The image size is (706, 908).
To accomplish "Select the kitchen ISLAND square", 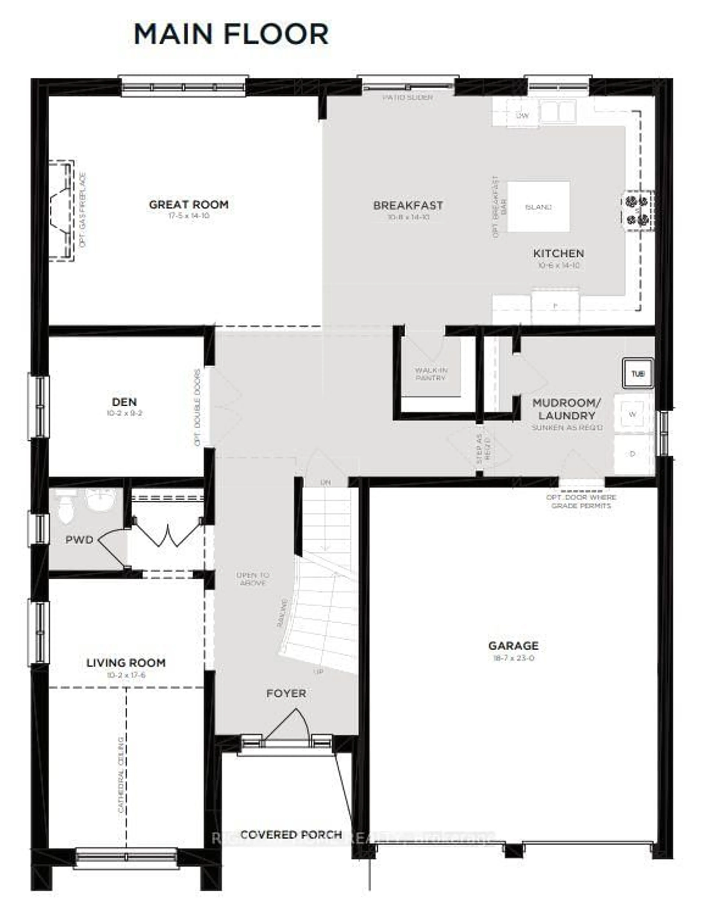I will coord(538,207).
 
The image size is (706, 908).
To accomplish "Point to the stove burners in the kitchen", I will coord(637,210).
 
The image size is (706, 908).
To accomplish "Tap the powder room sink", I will coord(100,499).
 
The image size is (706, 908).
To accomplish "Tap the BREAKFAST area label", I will coord(408,205).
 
